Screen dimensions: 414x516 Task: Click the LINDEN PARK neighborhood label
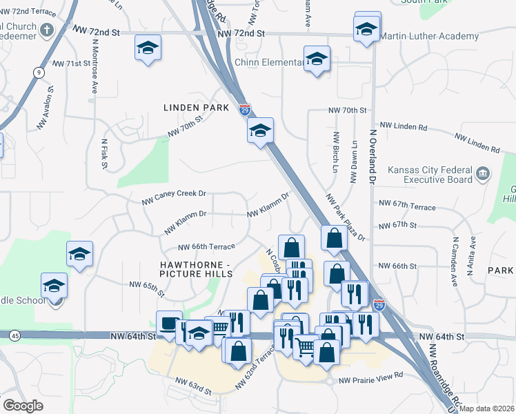point(196,108)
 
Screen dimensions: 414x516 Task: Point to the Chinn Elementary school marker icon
point(317,59)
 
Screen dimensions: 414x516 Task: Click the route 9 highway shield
point(37,72)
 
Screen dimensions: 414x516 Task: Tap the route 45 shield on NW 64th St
point(14,336)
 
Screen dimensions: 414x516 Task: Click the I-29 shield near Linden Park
point(245,109)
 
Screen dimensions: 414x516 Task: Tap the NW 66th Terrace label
point(206,246)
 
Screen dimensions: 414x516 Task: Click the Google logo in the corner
point(23,405)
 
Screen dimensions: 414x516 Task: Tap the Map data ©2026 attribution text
point(487,408)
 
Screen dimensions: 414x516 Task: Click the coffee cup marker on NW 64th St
point(168,324)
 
